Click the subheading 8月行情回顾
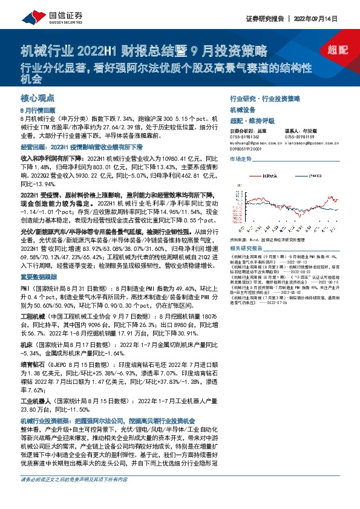point(38,111)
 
